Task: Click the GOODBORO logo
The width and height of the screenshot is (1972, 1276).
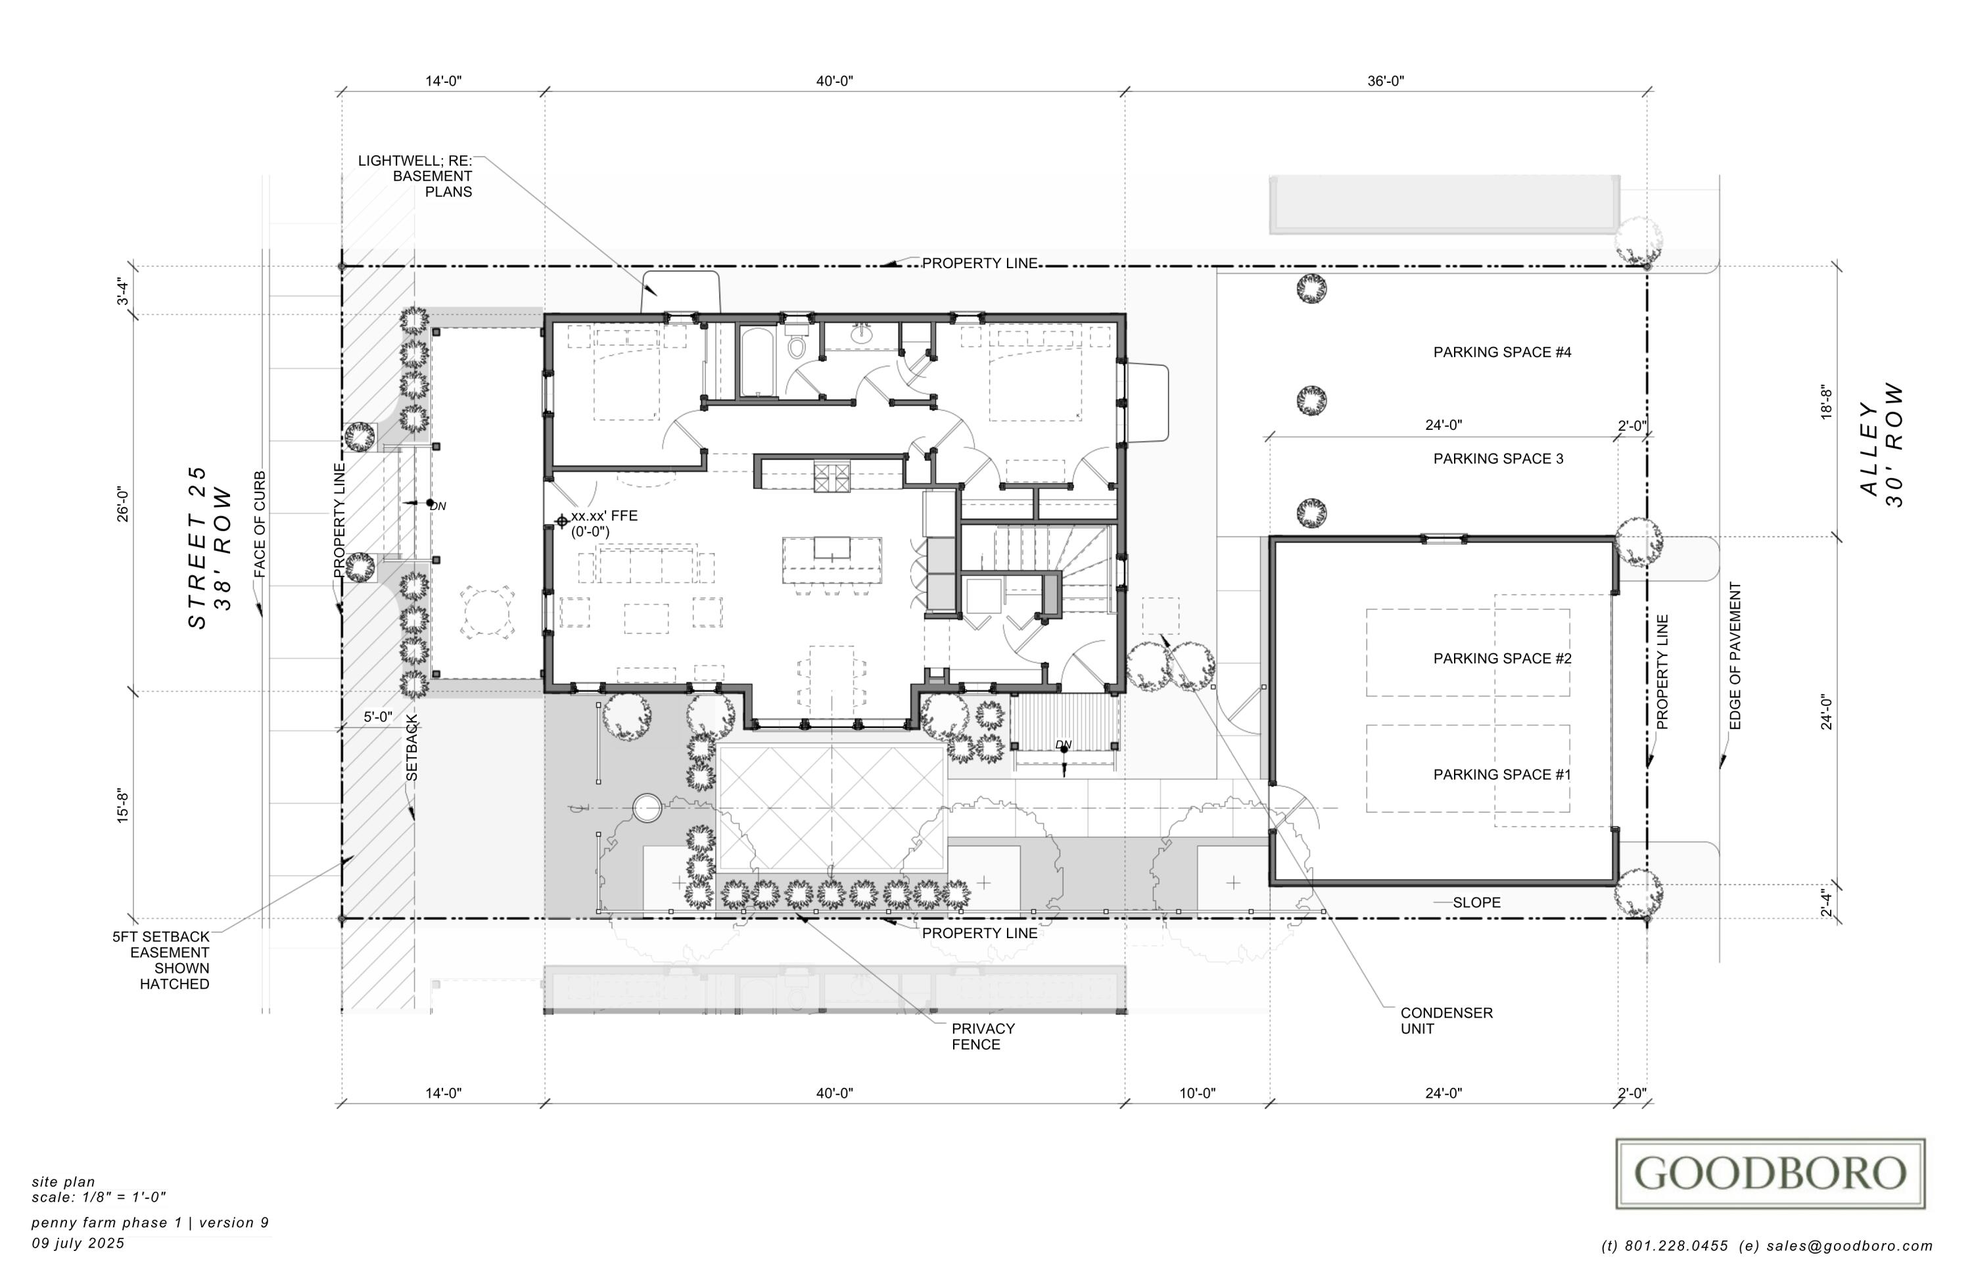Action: coord(1770,1173)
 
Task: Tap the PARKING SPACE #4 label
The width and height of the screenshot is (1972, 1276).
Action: coord(1502,352)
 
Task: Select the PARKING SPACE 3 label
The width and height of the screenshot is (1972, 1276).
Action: coord(1498,458)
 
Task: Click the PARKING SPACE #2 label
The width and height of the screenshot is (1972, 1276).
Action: coord(1502,659)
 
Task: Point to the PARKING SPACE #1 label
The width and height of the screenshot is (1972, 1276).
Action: coord(1502,774)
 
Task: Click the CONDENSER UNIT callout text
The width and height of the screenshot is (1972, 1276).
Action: coord(1446,1021)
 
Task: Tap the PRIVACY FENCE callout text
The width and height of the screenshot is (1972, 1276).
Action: coord(983,1037)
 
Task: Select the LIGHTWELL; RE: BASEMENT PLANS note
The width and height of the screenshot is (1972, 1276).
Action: coord(417,176)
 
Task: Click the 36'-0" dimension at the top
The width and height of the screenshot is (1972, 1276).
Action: coord(1386,82)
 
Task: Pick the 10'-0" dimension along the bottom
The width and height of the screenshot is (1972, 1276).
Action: coord(1197,1094)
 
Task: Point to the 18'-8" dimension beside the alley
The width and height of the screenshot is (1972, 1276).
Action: coord(1826,402)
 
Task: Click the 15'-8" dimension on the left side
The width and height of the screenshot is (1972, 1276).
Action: coord(123,805)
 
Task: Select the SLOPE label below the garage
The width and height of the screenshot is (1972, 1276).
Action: coord(1476,903)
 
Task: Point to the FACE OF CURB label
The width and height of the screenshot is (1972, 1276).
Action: coord(260,525)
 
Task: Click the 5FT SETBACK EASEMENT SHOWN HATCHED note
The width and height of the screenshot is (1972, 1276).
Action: coord(162,960)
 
